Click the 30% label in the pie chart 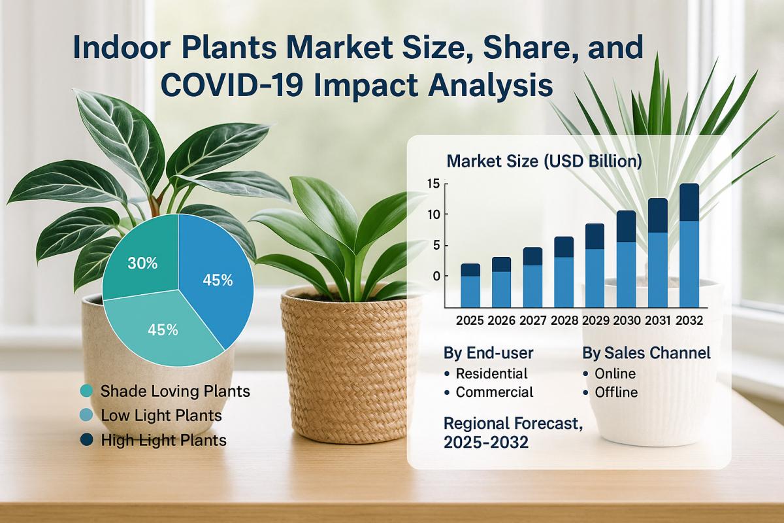click(x=142, y=263)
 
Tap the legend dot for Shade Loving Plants click(x=86, y=392)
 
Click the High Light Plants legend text click(x=163, y=440)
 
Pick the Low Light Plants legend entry click(x=161, y=415)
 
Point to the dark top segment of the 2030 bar click(x=626, y=226)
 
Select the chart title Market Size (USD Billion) click(x=544, y=160)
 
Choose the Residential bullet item click(x=491, y=374)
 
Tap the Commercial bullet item click(x=495, y=392)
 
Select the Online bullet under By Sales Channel click(x=615, y=374)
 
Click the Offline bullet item click(x=616, y=393)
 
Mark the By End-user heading click(x=488, y=353)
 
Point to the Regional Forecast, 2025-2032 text click(x=512, y=433)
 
